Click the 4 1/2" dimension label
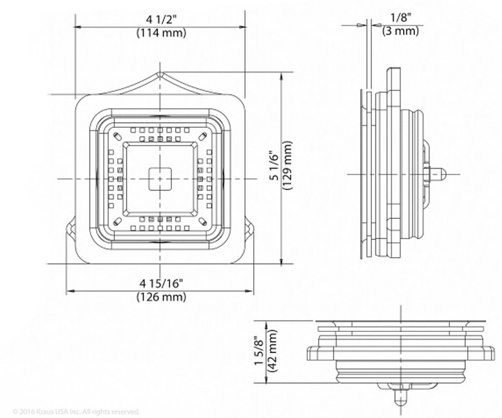coord(161,20)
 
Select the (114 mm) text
coord(161,33)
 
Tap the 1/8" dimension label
coord(401,18)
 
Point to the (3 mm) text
coord(400,31)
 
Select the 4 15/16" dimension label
coord(161,284)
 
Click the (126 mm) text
coord(161,297)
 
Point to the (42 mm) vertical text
coord(273,351)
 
